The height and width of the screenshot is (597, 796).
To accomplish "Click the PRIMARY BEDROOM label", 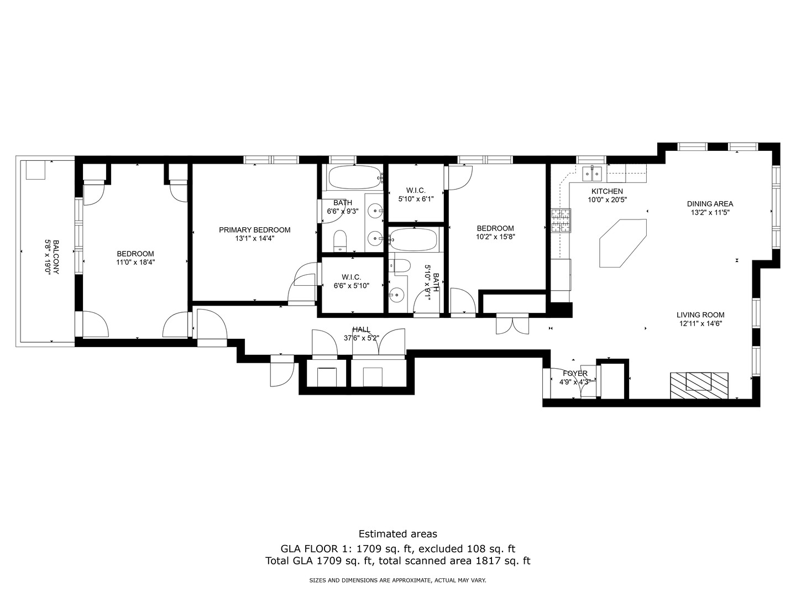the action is (x=255, y=230).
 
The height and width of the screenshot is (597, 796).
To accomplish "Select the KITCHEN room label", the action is (x=607, y=191).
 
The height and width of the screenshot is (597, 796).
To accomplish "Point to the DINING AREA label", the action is (x=710, y=204).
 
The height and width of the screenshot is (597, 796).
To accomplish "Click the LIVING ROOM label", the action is (x=700, y=315).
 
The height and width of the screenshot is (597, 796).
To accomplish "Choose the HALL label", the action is (x=362, y=329).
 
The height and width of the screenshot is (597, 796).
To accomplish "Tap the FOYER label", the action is (x=575, y=373).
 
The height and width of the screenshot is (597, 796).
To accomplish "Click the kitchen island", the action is (x=623, y=243).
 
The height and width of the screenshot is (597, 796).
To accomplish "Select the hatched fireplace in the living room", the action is (x=699, y=385).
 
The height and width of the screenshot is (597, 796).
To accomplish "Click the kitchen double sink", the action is (x=592, y=174).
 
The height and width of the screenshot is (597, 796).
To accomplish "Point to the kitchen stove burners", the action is (x=561, y=221).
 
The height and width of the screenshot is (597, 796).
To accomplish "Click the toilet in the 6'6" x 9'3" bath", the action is (x=340, y=240).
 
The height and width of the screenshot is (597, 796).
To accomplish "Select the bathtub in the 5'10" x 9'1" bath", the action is (x=414, y=239).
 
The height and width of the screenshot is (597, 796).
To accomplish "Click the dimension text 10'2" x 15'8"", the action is (x=495, y=237).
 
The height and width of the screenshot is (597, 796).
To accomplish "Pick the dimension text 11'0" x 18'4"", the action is (x=135, y=262).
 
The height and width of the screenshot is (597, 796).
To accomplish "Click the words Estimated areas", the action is (x=398, y=534).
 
